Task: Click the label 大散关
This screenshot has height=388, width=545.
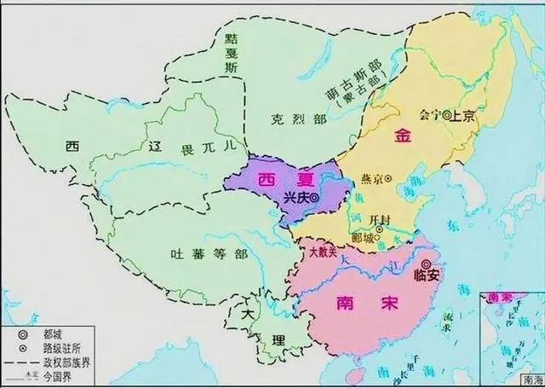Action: [x=324, y=253]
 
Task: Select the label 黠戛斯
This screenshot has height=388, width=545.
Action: [x=228, y=52]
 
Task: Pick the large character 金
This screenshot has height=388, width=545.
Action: [x=401, y=136]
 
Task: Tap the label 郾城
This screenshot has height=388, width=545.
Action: [x=364, y=236]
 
